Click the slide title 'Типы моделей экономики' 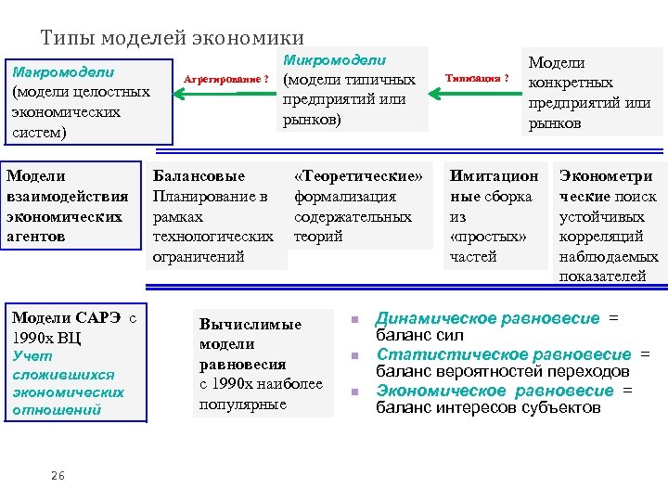click(173, 38)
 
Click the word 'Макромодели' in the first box click(61, 71)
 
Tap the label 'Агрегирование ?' click(226, 80)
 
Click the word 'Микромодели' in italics click(334, 60)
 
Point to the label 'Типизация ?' click(477, 79)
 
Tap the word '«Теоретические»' click(358, 176)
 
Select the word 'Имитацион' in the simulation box click(494, 176)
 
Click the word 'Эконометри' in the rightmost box click(606, 176)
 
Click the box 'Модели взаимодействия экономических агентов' click(68, 206)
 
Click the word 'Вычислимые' click(250, 325)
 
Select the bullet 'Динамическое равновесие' click(487, 319)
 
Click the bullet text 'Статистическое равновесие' click(502, 355)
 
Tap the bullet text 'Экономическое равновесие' click(500, 391)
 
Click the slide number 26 click(58, 476)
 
